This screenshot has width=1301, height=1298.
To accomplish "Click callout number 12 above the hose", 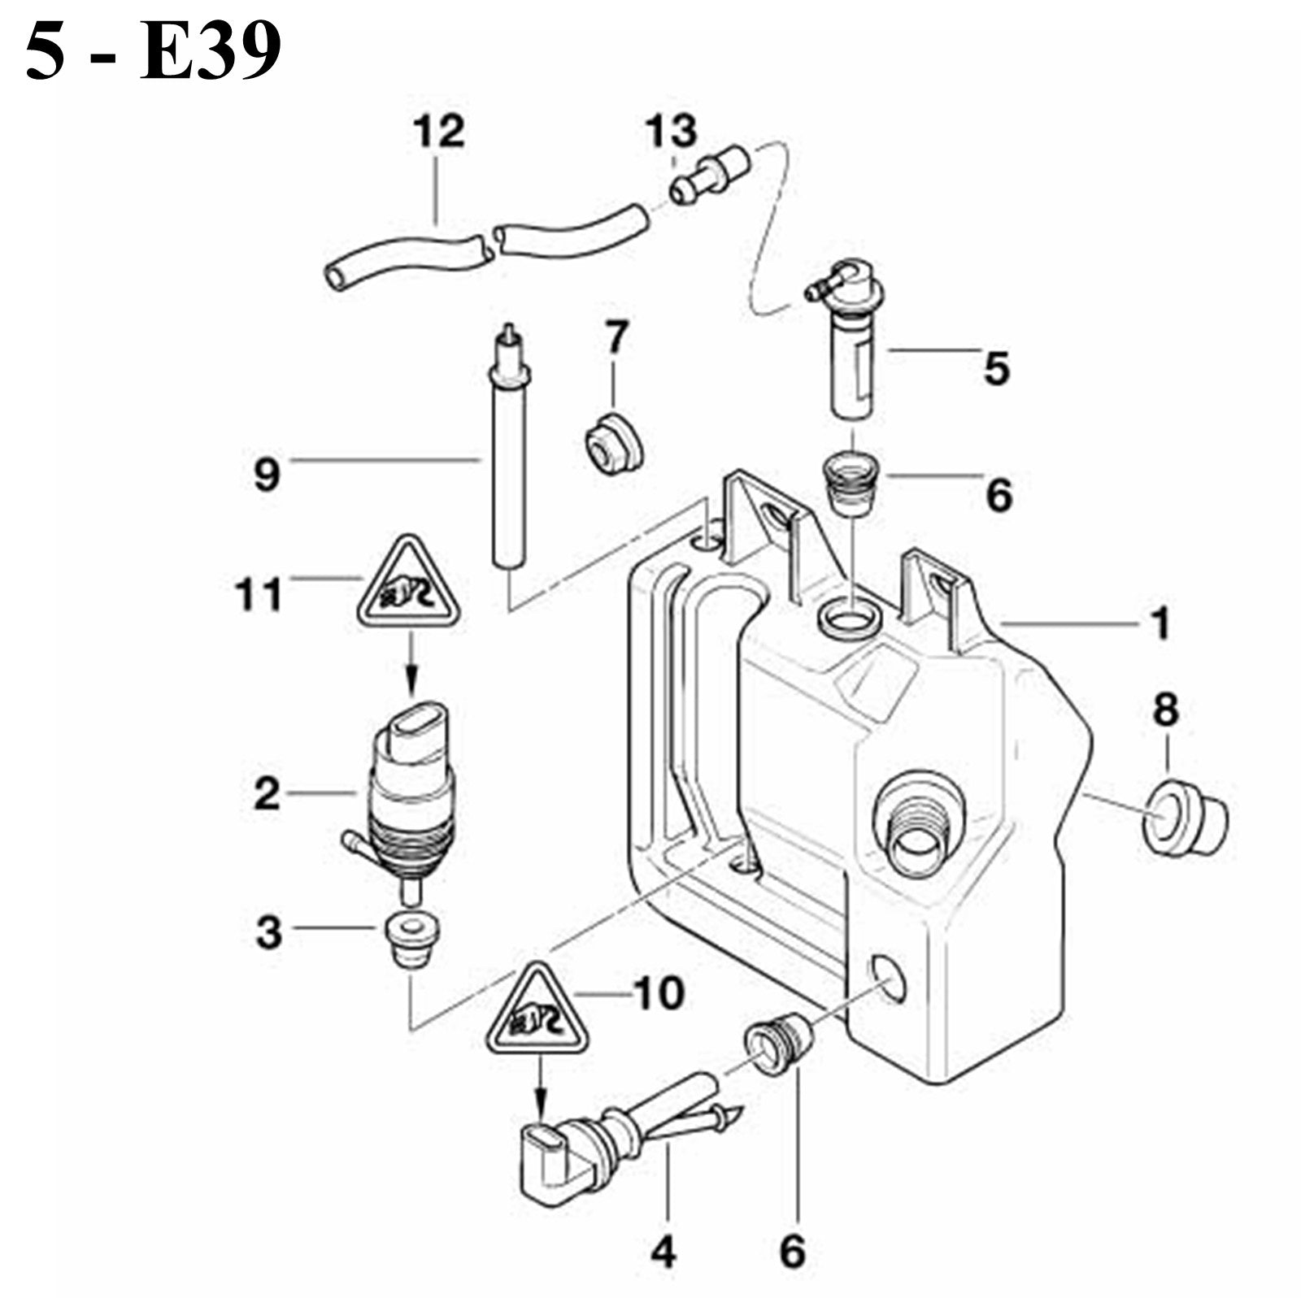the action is pos(439,132).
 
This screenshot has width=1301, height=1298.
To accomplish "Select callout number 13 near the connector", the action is pos(672,132).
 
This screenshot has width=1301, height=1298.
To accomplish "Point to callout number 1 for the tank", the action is pos(1161,623).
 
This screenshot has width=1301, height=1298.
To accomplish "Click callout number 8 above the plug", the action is pos(1166,710).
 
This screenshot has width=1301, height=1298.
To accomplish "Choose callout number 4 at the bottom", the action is pos(664,1251).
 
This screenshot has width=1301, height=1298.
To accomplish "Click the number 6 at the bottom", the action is pos(793,1251).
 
